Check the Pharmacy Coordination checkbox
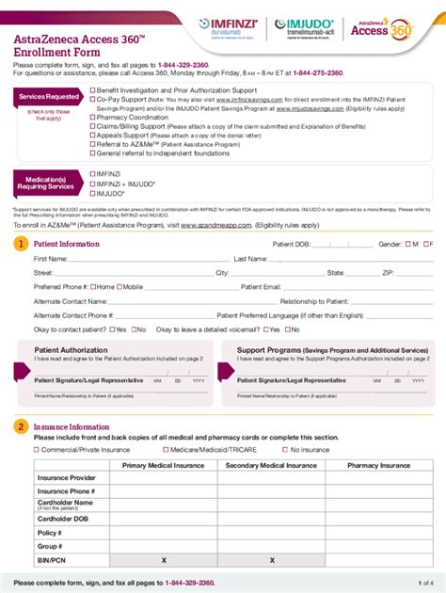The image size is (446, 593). pos(92,118)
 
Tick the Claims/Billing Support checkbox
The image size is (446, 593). pos(92,126)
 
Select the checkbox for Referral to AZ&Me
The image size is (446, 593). pos(92,143)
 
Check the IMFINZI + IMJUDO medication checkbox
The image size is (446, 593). pos(92,183)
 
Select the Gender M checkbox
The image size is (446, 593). pos(406,244)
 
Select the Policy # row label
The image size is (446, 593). pos(50,532)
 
